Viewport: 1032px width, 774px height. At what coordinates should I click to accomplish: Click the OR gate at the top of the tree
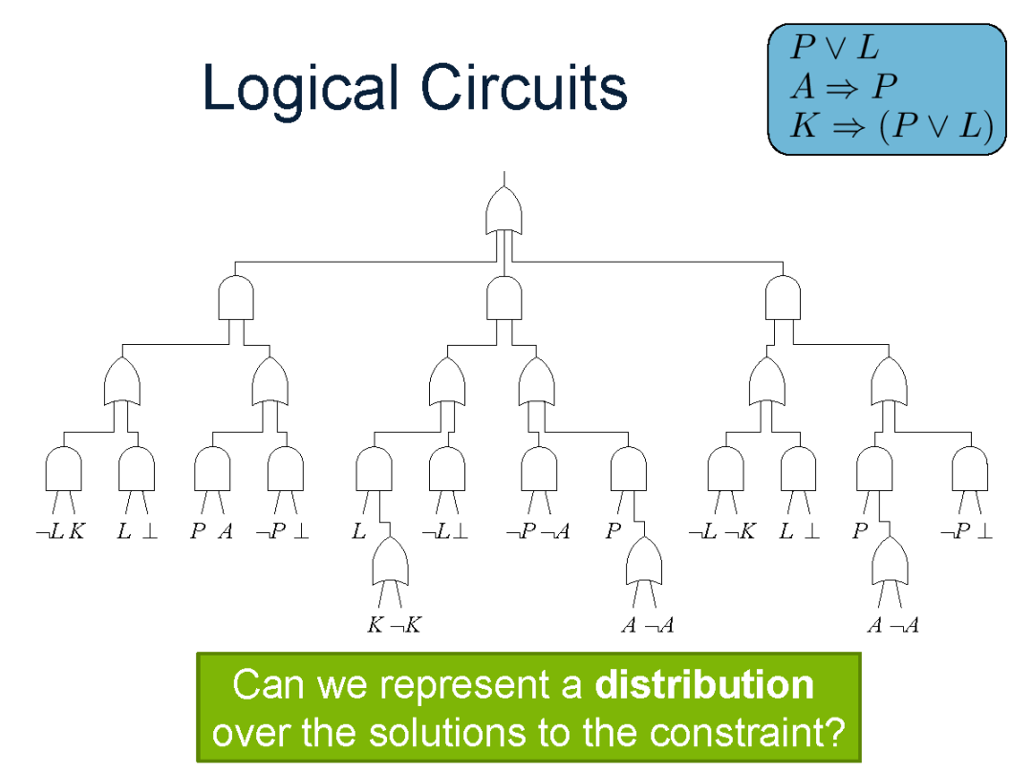coord(504,210)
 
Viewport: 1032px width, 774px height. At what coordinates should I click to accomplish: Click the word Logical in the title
coord(299,89)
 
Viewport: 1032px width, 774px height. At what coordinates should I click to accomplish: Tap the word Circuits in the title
coord(524,89)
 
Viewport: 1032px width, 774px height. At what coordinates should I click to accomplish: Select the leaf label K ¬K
coord(394,626)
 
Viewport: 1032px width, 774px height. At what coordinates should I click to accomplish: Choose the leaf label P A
coord(211,531)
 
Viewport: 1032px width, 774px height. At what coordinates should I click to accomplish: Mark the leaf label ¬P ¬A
coord(537,531)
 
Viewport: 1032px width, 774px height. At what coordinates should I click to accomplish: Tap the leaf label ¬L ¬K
coord(721,531)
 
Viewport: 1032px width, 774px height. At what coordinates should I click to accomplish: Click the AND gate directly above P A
coord(212,469)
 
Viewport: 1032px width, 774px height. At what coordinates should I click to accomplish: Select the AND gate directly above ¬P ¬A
coord(539,469)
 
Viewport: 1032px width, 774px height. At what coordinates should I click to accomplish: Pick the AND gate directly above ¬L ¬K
coord(725,469)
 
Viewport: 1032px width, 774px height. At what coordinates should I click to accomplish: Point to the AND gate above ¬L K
coord(63,469)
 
